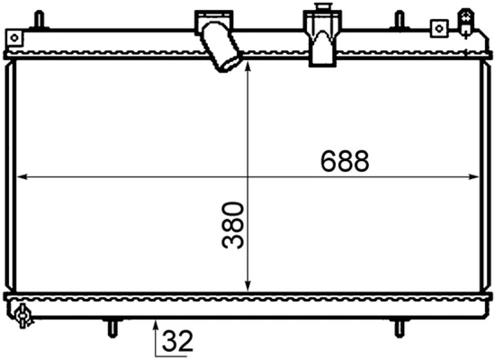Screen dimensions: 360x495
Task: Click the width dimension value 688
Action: click(x=345, y=161)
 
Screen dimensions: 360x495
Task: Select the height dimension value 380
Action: click(x=234, y=225)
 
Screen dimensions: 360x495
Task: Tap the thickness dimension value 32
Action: click(x=178, y=341)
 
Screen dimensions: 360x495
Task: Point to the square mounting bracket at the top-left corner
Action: click(x=13, y=37)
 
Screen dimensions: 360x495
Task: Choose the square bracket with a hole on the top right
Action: click(x=439, y=28)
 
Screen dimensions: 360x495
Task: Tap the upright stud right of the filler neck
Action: click(x=398, y=18)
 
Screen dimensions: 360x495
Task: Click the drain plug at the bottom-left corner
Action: click(x=22, y=314)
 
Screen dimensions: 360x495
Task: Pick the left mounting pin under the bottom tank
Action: click(x=112, y=325)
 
